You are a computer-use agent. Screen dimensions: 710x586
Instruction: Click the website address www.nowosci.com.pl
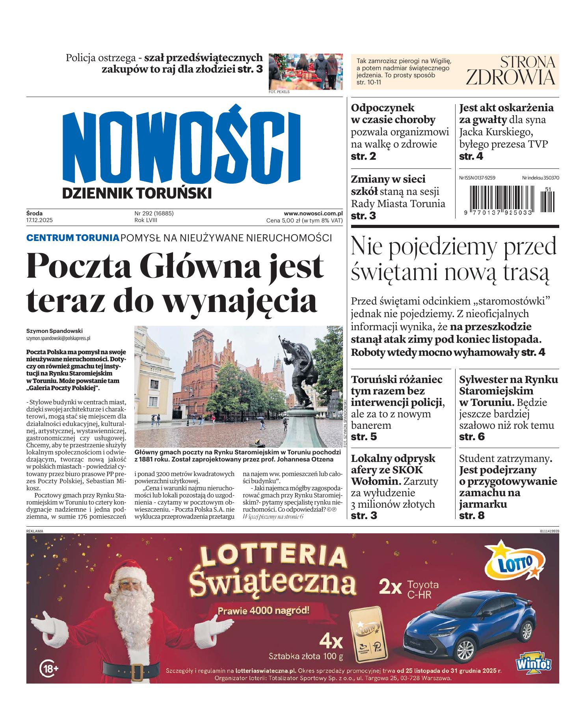313,213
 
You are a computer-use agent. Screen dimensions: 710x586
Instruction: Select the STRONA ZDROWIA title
510,71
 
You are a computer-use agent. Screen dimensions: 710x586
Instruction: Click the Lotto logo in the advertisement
512,562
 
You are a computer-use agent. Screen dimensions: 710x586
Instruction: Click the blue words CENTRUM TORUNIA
73,238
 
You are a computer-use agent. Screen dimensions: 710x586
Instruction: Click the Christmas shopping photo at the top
305,71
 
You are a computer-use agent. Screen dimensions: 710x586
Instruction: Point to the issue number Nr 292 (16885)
154,213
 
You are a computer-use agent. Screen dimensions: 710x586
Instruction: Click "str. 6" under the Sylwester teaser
472,437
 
